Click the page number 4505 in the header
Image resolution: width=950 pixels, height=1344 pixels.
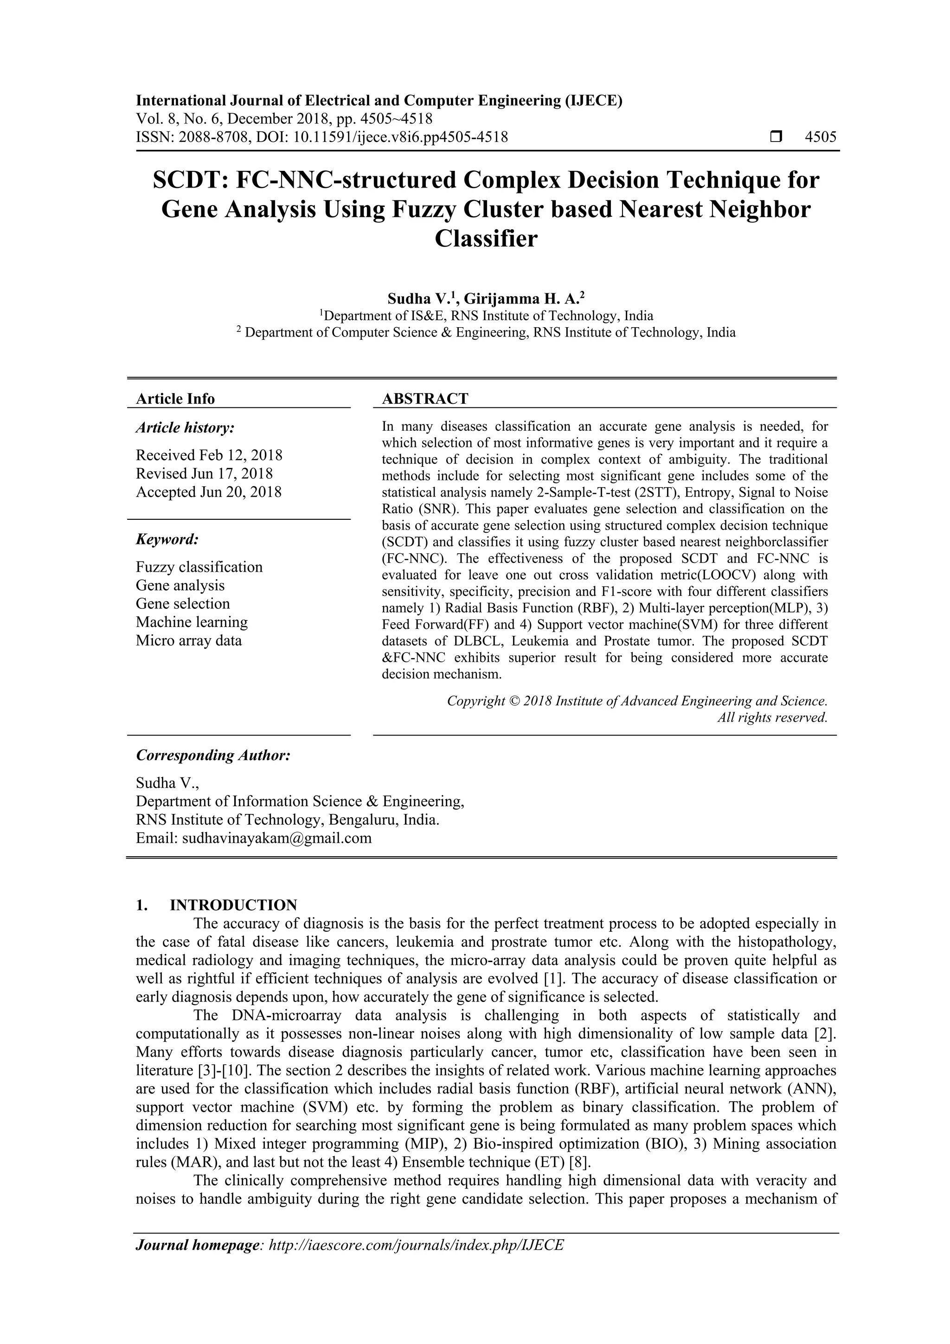tap(821, 137)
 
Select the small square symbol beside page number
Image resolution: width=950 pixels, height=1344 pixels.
tap(776, 137)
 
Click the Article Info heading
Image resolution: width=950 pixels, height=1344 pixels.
tap(175, 399)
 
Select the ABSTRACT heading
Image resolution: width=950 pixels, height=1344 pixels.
tap(425, 399)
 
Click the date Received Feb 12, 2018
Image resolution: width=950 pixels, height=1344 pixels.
tap(209, 455)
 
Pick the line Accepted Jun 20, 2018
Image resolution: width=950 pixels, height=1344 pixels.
tap(208, 492)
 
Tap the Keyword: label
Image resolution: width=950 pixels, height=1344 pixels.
tap(167, 539)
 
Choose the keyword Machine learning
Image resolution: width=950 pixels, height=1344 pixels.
tap(192, 622)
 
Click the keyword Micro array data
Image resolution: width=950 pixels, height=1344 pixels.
tap(188, 640)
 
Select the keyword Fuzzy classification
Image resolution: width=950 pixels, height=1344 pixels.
tap(199, 567)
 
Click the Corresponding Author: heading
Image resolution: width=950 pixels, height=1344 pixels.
tap(213, 755)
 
